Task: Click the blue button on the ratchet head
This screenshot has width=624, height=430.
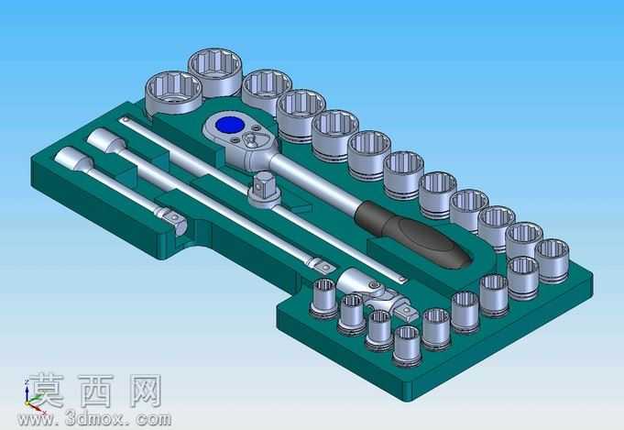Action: [x=230, y=125]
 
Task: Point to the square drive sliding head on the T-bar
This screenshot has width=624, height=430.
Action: [x=264, y=190]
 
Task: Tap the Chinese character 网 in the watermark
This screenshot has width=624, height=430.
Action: [x=142, y=391]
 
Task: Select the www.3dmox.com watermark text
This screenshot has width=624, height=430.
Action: [x=94, y=419]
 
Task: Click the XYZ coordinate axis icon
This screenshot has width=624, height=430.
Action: [x=31, y=397]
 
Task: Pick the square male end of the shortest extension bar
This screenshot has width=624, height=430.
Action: [x=174, y=220]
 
